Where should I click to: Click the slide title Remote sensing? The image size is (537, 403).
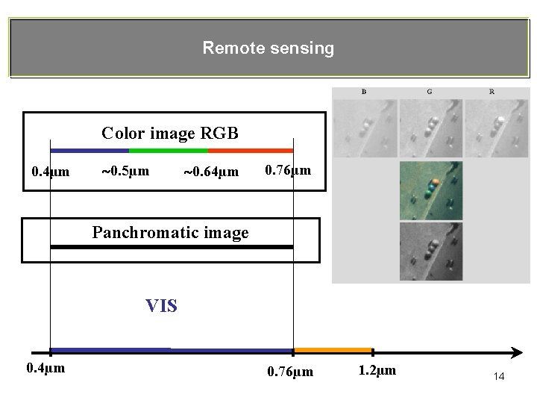tap(268, 49)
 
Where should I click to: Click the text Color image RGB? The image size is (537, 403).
tap(170, 134)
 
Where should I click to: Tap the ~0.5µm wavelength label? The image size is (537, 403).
tap(125, 171)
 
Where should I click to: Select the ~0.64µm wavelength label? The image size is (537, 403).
tap(211, 172)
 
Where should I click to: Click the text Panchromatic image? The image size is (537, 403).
tap(170, 233)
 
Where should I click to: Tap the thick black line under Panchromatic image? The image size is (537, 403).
tap(172, 246)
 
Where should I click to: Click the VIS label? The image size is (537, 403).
tap(161, 305)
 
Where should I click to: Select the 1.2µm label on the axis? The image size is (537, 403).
tap(377, 370)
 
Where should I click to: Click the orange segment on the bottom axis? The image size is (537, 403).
tap(333, 350)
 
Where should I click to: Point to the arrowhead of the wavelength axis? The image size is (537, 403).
tap(515, 351)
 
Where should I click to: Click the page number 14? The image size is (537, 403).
tap(499, 377)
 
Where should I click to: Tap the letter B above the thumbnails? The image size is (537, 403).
tap(364, 92)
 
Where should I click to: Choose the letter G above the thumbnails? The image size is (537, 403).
tap(429, 92)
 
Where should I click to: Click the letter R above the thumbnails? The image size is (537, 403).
tap(492, 92)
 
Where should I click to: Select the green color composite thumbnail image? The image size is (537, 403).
tap(430, 190)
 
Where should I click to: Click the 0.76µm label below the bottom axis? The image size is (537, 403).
tap(289, 371)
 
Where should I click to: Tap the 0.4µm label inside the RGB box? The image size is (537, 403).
tap(51, 172)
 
